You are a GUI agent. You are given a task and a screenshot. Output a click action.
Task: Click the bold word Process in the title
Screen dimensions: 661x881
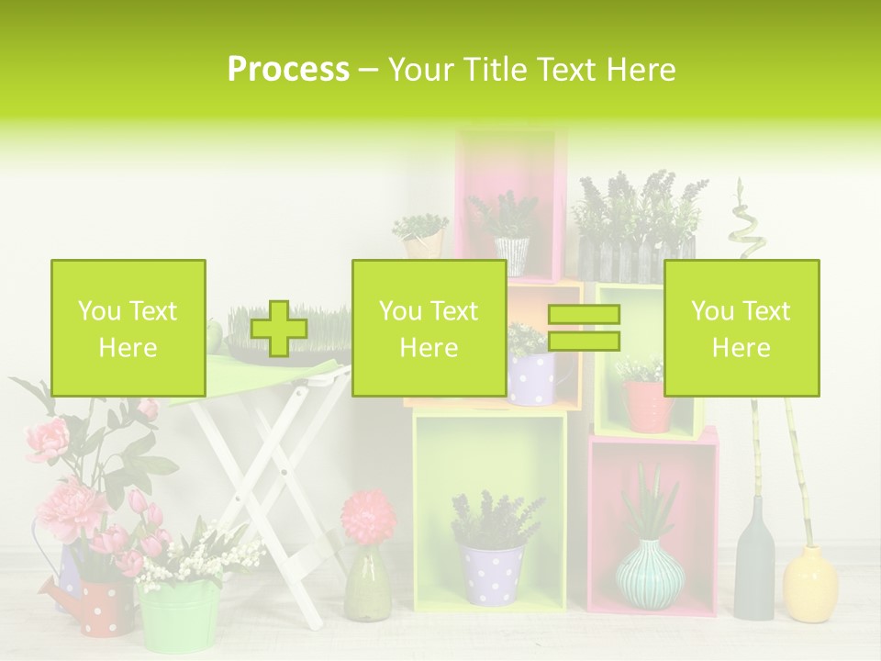click(288, 70)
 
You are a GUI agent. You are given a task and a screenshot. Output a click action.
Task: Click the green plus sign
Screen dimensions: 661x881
click(279, 329)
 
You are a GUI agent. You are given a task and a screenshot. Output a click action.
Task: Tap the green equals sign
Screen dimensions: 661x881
click(584, 329)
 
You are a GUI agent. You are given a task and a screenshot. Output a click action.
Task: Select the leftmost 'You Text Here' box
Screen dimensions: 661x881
click(128, 328)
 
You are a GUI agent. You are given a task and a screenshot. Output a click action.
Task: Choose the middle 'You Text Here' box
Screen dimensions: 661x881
click(429, 328)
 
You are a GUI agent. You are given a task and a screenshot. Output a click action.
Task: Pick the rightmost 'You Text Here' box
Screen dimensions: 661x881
click(741, 328)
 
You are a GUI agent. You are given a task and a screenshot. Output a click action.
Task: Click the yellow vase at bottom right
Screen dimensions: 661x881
click(810, 583)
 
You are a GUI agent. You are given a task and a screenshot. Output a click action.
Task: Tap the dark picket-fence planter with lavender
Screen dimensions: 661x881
click(636, 259)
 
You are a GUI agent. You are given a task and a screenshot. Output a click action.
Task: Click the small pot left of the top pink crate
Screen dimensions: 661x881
click(422, 241)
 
